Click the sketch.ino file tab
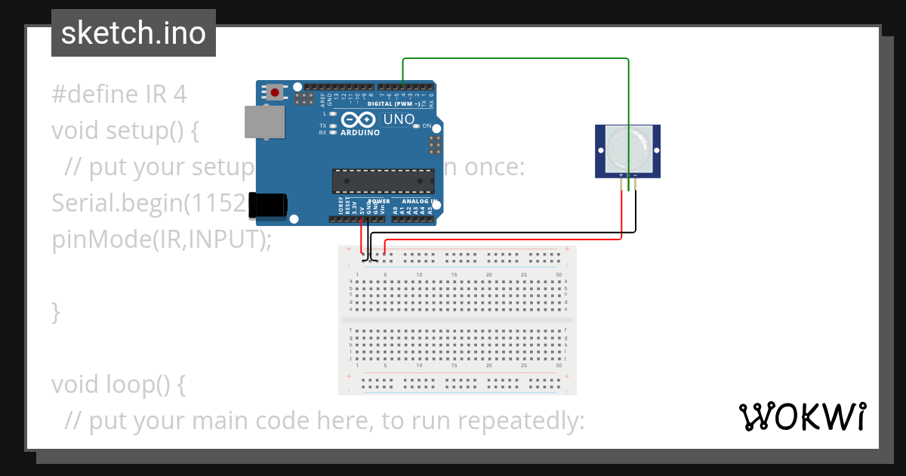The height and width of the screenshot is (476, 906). pyautogui.click(x=134, y=33)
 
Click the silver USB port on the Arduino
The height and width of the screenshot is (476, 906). pyautogui.click(x=264, y=122)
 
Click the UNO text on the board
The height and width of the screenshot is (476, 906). pyautogui.click(x=399, y=119)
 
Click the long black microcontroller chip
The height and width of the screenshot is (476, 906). pyautogui.click(x=383, y=181)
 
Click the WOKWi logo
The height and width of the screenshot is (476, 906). pyautogui.click(x=802, y=416)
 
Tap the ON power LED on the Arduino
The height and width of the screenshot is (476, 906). pyautogui.click(x=417, y=125)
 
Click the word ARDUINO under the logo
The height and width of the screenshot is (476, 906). pyautogui.click(x=360, y=132)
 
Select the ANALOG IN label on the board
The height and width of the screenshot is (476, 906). pyautogui.click(x=419, y=202)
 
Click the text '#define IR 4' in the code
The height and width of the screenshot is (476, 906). pyautogui.click(x=119, y=94)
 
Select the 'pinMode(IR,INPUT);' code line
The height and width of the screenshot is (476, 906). pyautogui.click(x=161, y=240)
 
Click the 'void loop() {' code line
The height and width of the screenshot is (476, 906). pyautogui.click(x=118, y=385)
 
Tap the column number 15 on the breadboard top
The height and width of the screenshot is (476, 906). pyautogui.click(x=454, y=274)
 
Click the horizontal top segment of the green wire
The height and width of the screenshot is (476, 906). pyautogui.click(x=516, y=58)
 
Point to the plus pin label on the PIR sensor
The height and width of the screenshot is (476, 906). pyautogui.click(x=621, y=175)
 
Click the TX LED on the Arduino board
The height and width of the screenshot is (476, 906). pyautogui.click(x=332, y=125)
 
